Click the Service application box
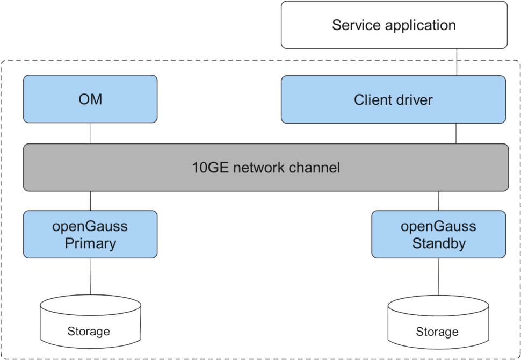(x=394, y=25)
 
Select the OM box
(x=90, y=99)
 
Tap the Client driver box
(x=393, y=99)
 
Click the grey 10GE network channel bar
(x=266, y=167)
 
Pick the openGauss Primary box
(x=90, y=235)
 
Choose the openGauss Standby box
(x=438, y=235)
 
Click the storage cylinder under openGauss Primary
(x=90, y=325)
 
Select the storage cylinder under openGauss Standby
(x=437, y=326)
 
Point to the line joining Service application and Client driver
(x=456, y=62)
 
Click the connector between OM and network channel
(x=90, y=133)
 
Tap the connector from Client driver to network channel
(x=456, y=133)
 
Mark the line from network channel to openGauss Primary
(x=90, y=200)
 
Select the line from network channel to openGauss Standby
(x=439, y=200)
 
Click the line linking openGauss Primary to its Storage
(x=90, y=279)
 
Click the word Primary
(x=90, y=243)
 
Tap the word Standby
(x=438, y=243)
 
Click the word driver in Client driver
(x=413, y=100)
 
